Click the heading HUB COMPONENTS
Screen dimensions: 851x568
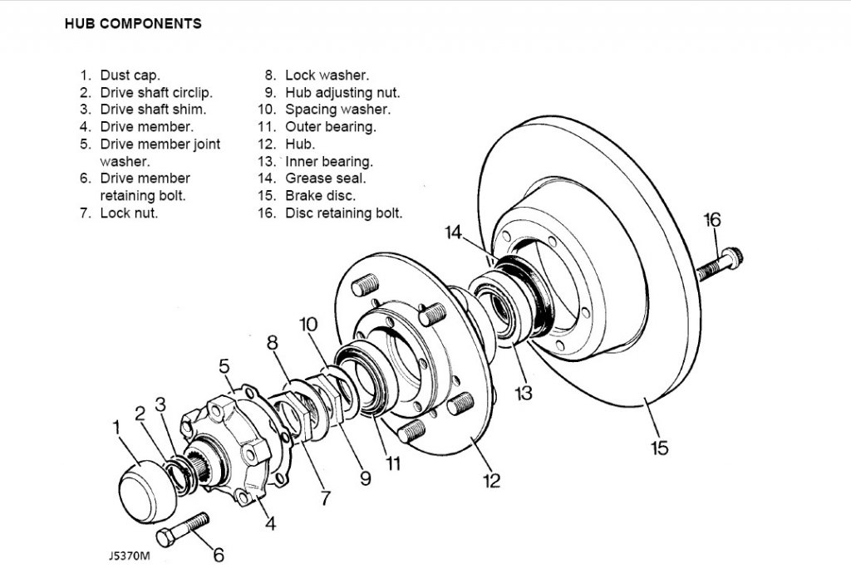click(x=133, y=24)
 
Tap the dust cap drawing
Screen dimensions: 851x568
click(x=147, y=492)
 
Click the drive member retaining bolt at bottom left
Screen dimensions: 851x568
click(x=183, y=530)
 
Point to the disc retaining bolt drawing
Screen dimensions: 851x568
click(x=721, y=264)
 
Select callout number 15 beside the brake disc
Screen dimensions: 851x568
click(x=659, y=448)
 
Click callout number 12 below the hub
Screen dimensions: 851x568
click(x=492, y=480)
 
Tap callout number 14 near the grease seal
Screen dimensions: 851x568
click(x=453, y=233)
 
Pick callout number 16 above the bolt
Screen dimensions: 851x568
click(x=712, y=220)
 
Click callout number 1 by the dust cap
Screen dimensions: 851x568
click(x=116, y=428)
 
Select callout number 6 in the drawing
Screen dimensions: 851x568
click(x=219, y=555)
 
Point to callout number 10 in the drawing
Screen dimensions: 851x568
click(x=308, y=325)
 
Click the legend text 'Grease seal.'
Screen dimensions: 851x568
click(x=326, y=178)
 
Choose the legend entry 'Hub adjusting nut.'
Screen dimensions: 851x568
click(x=342, y=93)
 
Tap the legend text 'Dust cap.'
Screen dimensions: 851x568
click(x=130, y=76)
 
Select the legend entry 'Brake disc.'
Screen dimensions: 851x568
click(x=320, y=195)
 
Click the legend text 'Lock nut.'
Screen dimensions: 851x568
click(x=129, y=213)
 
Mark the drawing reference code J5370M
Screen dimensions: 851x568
click(x=129, y=556)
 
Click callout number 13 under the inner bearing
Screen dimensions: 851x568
click(x=524, y=393)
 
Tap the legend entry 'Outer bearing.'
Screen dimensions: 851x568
click(x=331, y=127)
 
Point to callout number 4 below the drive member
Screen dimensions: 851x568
click(x=270, y=523)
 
